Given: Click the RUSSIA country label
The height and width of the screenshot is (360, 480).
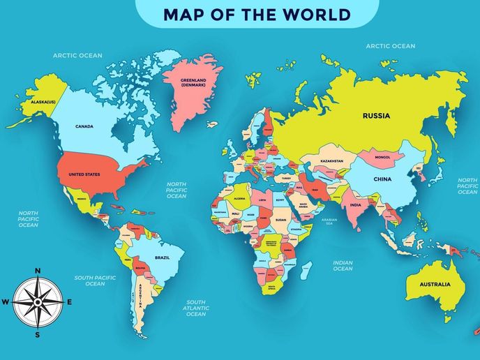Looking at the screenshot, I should tap(376, 117).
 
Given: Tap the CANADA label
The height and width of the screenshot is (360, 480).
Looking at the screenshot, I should tap(84, 126).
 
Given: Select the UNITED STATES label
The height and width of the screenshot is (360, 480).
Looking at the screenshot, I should tap(84, 175).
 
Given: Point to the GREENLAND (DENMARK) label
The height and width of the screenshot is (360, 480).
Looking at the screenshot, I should tap(194, 82).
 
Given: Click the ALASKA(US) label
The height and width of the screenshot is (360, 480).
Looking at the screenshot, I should tap(43, 102).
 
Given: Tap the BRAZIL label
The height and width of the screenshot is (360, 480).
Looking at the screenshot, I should tap(162, 257).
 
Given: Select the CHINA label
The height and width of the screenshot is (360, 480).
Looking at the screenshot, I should tap(382, 179).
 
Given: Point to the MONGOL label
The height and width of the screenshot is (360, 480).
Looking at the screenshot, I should tap(382, 158).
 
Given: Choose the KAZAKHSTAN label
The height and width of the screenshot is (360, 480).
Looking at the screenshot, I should tap(331, 161).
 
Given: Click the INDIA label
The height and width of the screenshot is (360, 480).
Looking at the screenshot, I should tap(355, 205).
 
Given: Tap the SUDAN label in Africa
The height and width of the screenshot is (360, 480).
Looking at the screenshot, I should tap(280, 220).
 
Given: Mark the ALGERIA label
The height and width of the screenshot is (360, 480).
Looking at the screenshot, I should tap(240, 198).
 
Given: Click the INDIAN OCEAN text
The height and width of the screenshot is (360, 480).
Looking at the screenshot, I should tap(343, 265).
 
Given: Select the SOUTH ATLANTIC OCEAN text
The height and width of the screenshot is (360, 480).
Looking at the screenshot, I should tap(196, 308).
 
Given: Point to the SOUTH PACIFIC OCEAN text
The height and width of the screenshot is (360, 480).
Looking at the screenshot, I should tap(95, 280).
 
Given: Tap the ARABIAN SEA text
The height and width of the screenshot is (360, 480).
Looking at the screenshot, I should tap(329, 222).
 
